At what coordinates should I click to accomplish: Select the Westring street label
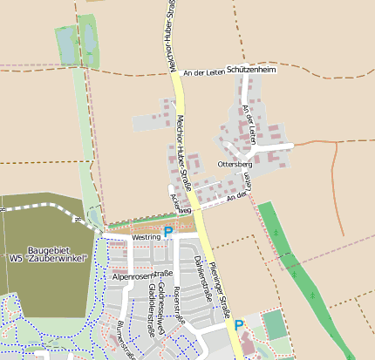[147, 236]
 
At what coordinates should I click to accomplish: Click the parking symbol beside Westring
[168, 232]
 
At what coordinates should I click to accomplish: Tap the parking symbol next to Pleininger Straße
[239, 325]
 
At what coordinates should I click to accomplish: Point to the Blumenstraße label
[125, 341]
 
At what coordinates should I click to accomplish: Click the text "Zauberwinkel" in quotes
[59, 259]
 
